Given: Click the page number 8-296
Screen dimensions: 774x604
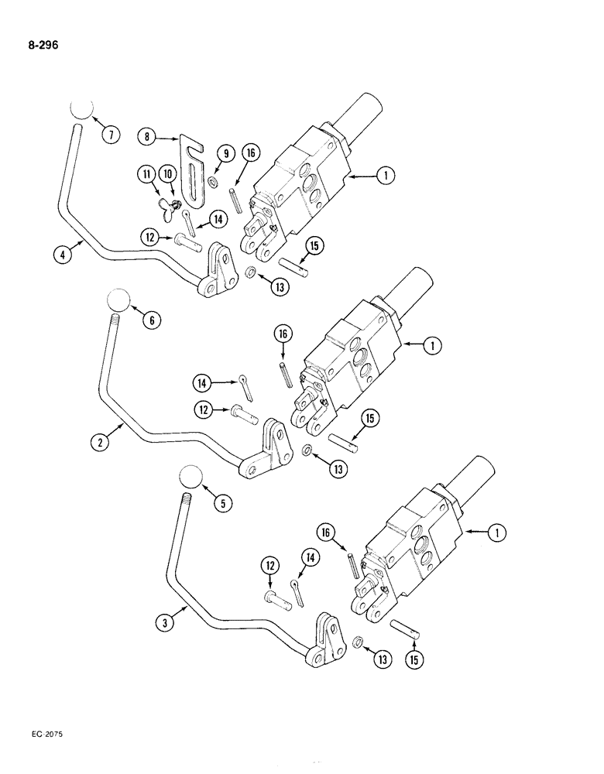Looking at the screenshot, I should click(x=36, y=45).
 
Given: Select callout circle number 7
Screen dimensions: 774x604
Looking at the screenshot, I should click(x=111, y=135).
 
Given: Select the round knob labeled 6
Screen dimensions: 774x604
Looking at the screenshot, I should click(x=116, y=299).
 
